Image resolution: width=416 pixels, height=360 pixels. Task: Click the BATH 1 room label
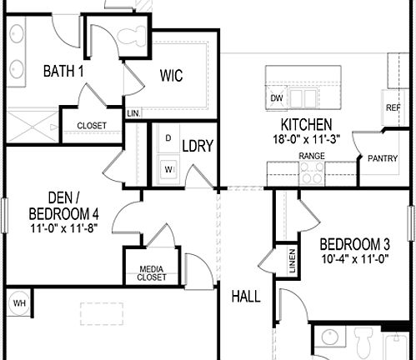63,72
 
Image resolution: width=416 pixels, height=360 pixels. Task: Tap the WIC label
171,74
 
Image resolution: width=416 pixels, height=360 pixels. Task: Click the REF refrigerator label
392,108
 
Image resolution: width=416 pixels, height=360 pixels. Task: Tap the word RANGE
312,156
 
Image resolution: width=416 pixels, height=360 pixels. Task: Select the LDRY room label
198,146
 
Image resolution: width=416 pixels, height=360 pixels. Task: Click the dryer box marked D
168,137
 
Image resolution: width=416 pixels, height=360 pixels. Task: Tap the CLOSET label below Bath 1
92,125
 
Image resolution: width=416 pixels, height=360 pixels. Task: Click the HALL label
246,297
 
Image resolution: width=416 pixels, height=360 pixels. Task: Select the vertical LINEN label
292,262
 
